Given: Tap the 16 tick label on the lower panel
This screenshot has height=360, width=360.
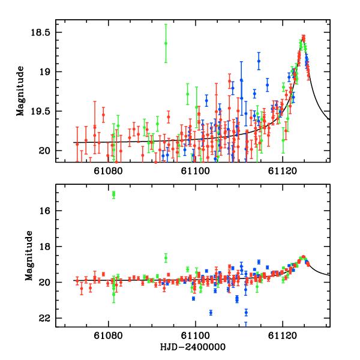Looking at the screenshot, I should coord(45,211).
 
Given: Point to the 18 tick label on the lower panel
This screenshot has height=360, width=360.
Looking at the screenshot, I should coord(45,247).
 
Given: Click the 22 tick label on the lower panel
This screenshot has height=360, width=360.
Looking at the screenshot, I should coord(45,318).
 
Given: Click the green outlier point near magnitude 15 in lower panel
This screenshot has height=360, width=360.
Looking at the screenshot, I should coord(113,194).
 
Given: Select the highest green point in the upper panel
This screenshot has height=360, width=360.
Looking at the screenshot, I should coord(166,43).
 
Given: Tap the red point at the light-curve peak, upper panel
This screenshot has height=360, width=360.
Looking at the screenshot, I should coord(304,37).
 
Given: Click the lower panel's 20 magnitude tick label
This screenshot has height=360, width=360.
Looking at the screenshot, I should coord(45,283).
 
